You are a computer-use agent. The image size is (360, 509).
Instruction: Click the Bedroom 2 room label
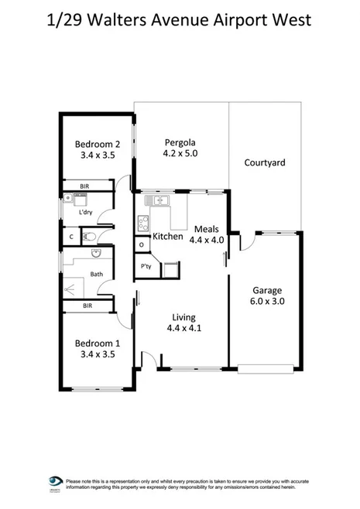(97, 143)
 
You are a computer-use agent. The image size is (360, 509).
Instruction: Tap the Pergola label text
(179, 142)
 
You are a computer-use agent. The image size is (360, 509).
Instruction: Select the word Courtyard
(265, 162)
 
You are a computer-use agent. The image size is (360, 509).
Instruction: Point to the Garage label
(268, 291)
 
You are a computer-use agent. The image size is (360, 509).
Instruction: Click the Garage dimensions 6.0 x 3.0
(268, 302)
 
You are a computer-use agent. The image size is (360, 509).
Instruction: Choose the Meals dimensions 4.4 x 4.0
(206, 240)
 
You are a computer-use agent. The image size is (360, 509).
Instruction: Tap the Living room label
(183, 317)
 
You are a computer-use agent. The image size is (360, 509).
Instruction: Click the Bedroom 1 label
(97, 343)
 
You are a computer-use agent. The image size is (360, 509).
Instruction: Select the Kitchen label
(167, 236)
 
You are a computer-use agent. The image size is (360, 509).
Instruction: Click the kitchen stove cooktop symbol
(144, 224)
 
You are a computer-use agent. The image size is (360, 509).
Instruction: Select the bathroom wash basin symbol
(96, 254)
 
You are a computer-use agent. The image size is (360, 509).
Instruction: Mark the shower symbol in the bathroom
(74, 287)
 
